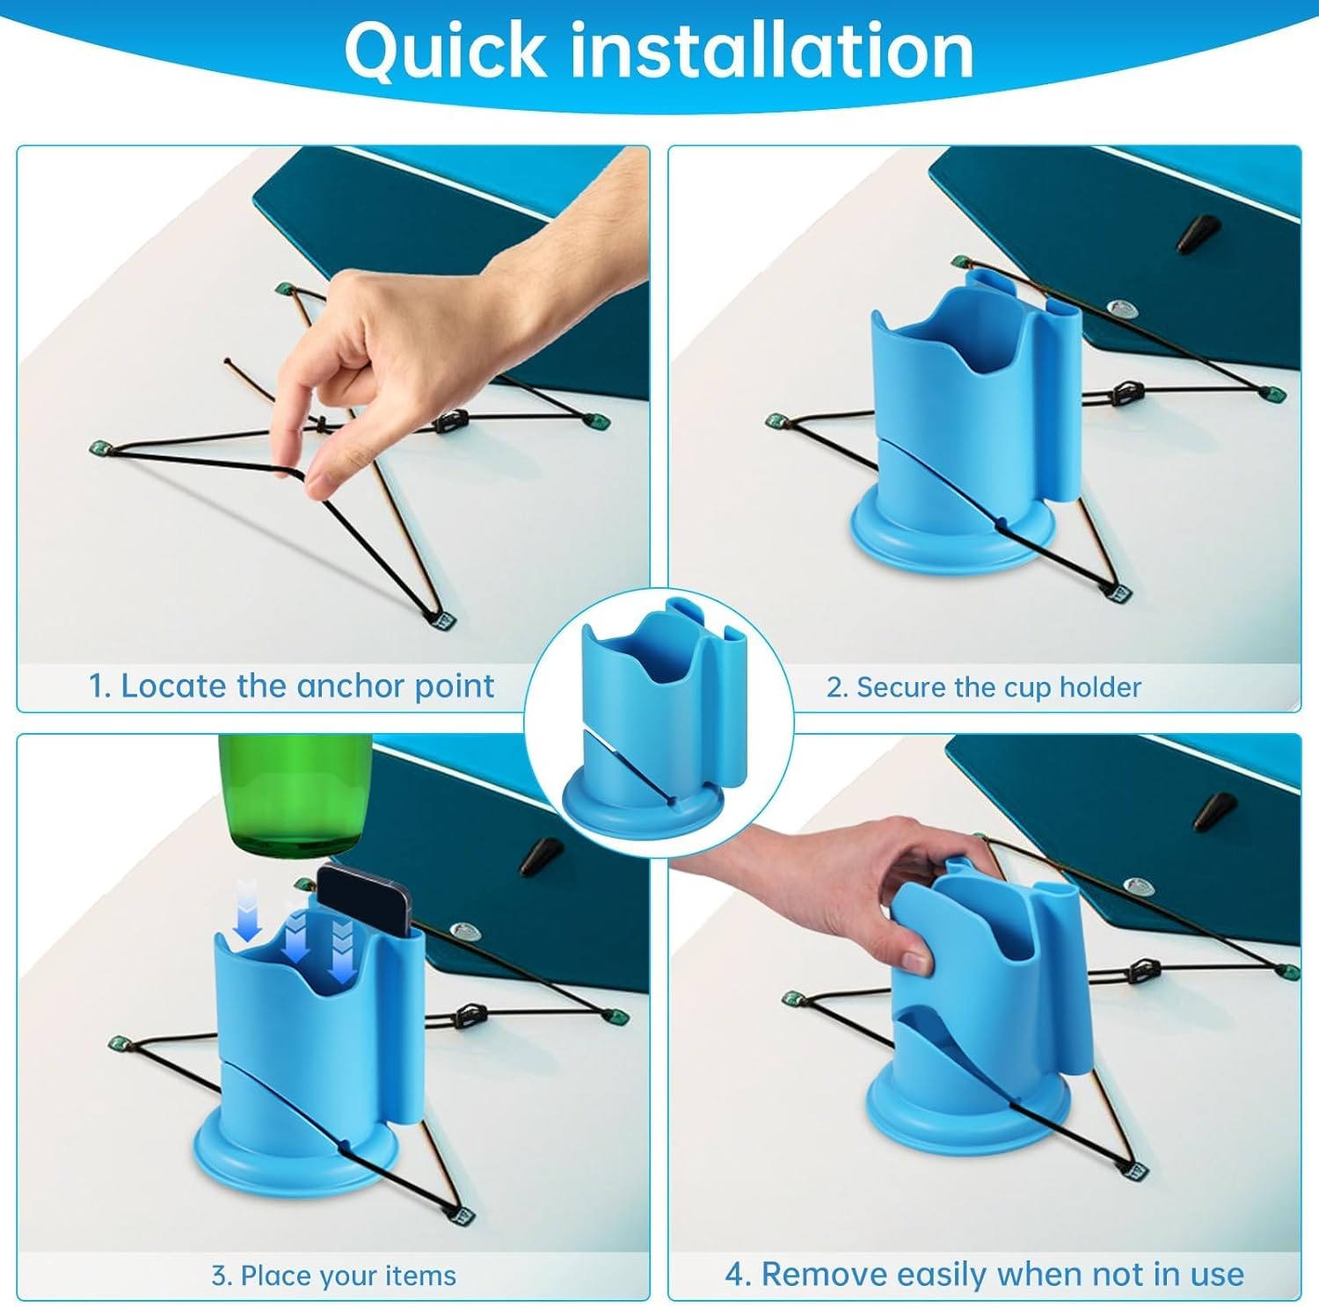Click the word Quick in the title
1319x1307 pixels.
[446, 52]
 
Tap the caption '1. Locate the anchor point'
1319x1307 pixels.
[291, 686]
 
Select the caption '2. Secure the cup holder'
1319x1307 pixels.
[983, 686]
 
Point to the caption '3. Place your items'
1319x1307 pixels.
[333, 1275]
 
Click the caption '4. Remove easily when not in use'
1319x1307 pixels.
[984, 1274]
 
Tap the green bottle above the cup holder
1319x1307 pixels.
[295, 795]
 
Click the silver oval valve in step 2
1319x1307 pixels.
[1119, 307]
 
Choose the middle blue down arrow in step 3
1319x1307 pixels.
[295, 935]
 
